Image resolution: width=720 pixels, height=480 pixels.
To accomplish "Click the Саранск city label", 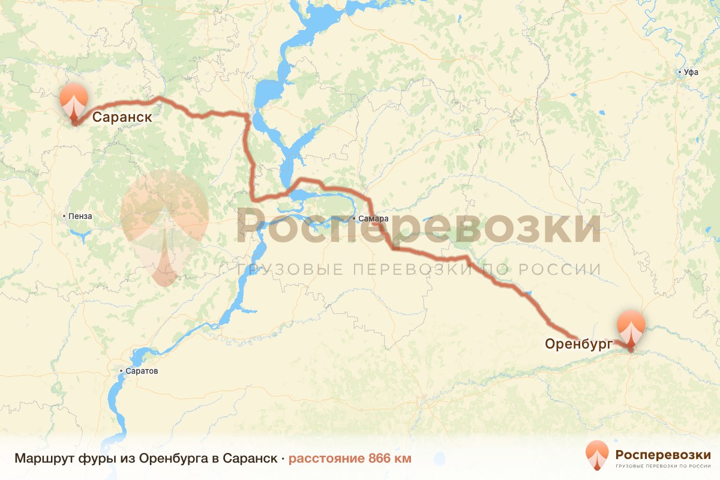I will (x=122, y=117).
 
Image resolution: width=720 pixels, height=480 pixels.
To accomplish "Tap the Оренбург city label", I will (x=578, y=344).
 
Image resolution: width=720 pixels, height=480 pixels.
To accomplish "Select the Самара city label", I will (x=373, y=219).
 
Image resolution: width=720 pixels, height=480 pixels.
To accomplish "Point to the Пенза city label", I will (x=80, y=216).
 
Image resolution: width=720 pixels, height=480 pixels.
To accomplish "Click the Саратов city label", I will (x=142, y=371).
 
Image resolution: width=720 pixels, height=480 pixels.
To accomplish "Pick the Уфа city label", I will (x=691, y=72).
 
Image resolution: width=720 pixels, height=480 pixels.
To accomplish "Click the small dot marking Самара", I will (x=354, y=219).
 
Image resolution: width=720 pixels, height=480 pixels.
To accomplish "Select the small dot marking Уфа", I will (x=680, y=72).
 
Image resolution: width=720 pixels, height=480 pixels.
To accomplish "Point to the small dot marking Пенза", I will (x=65, y=216).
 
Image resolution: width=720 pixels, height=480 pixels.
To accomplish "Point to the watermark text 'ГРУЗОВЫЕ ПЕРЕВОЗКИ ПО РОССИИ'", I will (x=419, y=269).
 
